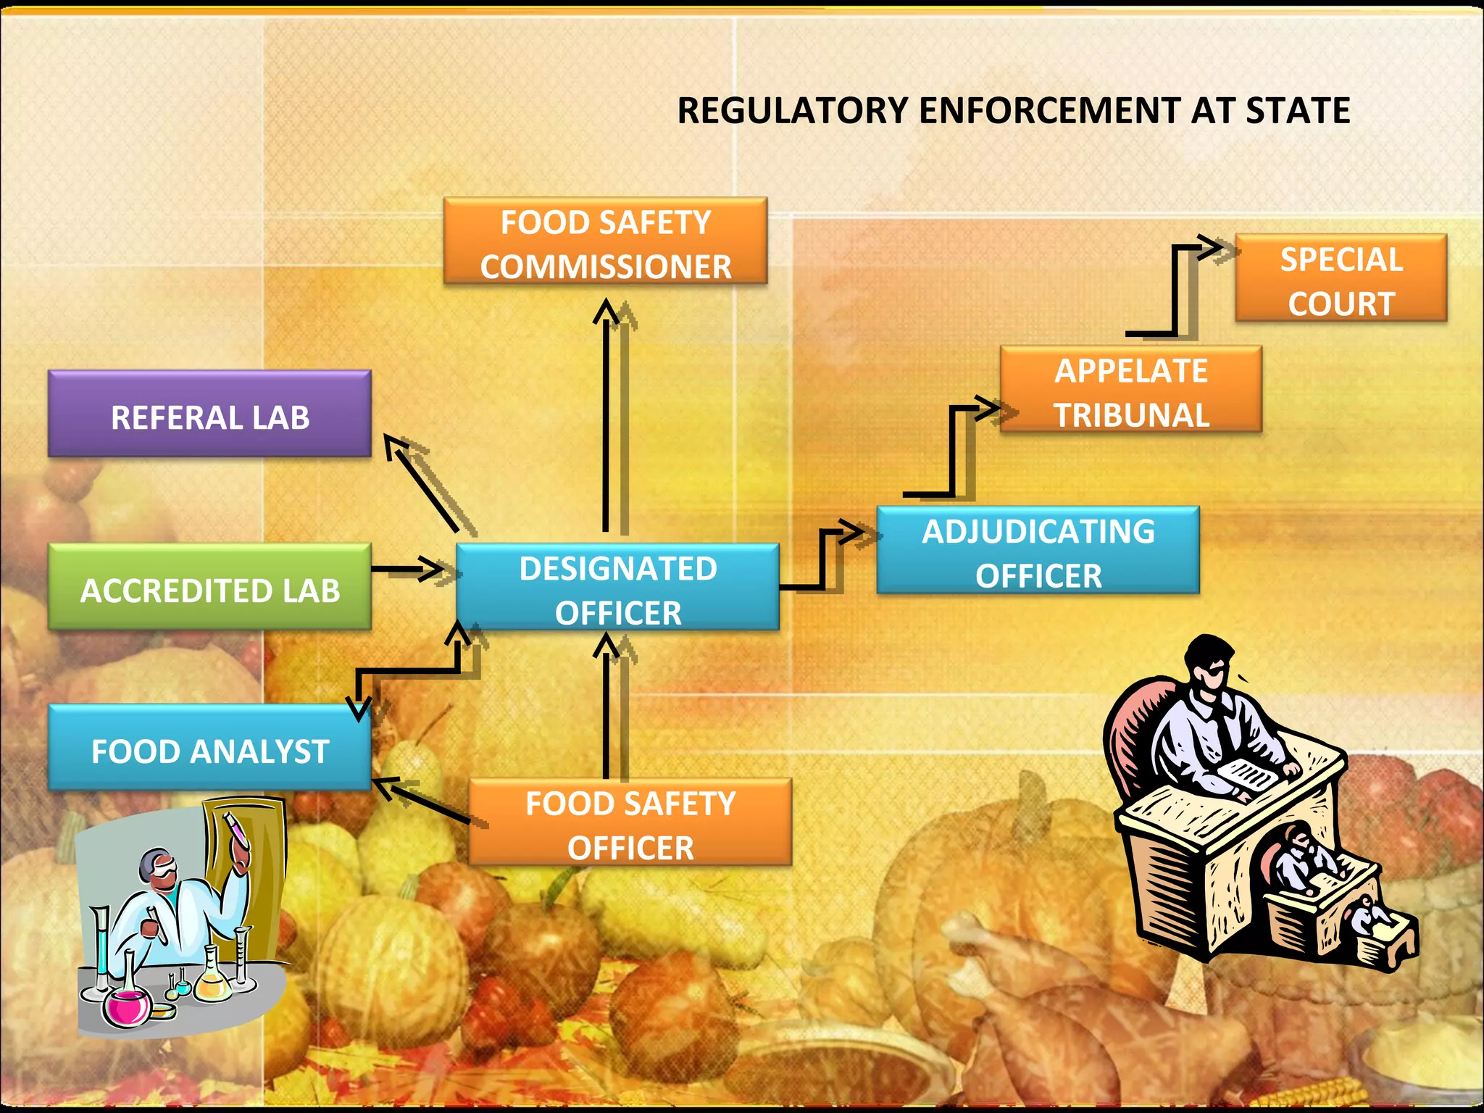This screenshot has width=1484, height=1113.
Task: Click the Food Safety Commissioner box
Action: coord(605,241)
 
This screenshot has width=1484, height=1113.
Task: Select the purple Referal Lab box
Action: coord(209,414)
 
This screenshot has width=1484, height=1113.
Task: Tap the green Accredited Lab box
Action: coord(209,588)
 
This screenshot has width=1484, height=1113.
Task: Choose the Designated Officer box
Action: coord(617,588)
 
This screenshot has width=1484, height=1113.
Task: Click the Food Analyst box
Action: coord(209,749)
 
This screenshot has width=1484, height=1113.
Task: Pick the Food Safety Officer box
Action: coord(630,823)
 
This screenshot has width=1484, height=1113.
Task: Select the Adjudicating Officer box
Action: coord(1038,551)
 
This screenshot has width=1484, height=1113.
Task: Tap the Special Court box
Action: coord(1341,278)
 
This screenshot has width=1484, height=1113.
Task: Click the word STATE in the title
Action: coord(1297,111)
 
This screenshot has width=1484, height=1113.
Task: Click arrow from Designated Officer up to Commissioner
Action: coord(605,420)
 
